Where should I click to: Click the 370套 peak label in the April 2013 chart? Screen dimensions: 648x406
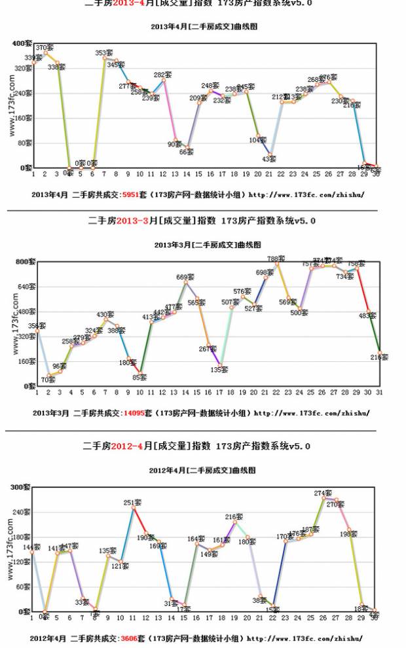point(45,48)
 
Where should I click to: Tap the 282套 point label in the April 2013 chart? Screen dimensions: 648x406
point(162,75)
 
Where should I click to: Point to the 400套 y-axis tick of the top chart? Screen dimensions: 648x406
point(21,43)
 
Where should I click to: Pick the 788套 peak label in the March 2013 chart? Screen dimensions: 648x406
point(276,259)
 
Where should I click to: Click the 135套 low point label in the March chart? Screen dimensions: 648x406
point(219,369)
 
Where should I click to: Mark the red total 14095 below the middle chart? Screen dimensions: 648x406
point(134,413)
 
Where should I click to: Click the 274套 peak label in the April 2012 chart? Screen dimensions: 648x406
point(323,493)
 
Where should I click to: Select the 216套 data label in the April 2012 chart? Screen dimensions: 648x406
point(234,517)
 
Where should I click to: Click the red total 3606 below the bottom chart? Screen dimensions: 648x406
point(130,638)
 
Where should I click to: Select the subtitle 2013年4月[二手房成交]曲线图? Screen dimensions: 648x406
point(203,27)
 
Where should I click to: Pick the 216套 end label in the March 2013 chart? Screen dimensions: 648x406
point(380,357)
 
